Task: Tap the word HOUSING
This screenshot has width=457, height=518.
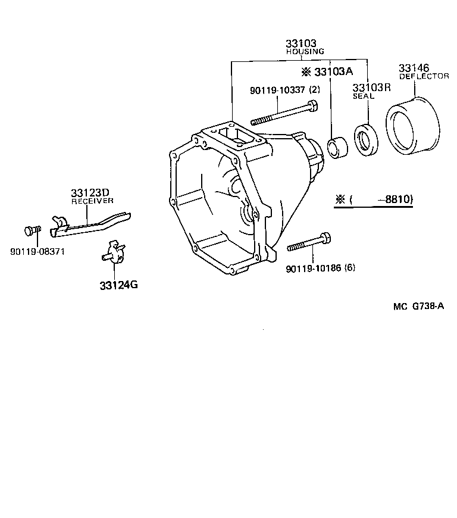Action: pyautogui.click(x=305, y=52)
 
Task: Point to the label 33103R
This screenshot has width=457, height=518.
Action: pyautogui.click(x=371, y=87)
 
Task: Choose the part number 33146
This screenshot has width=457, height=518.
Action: pyautogui.click(x=414, y=68)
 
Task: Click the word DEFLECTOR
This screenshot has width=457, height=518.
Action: pyautogui.click(x=424, y=76)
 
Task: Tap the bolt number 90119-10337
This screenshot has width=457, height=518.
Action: pyautogui.click(x=277, y=90)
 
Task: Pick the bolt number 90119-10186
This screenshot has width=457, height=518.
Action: pyautogui.click(x=312, y=268)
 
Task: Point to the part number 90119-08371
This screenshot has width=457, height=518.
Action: pyautogui.click(x=37, y=251)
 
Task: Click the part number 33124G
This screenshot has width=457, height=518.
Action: pyautogui.click(x=119, y=284)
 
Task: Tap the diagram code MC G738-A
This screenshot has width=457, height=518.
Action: pyautogui.click(x=418, y=307)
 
